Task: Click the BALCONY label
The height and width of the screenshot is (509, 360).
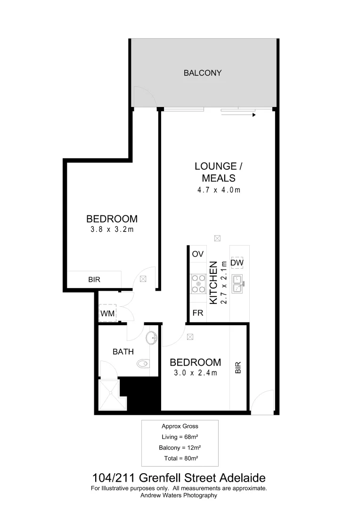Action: point(203,73)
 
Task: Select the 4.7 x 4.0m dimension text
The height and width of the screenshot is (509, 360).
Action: point(219,190)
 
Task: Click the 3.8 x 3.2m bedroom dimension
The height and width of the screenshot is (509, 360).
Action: point(112,230)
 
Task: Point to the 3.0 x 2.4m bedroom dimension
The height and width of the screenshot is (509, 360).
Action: point(195,373)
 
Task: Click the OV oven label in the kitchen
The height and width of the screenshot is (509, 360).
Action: point(197,254)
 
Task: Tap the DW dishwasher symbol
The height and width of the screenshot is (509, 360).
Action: point(237,263)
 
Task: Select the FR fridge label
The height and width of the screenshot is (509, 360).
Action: point(197,313)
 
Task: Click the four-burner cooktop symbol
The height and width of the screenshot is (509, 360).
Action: point(197,284)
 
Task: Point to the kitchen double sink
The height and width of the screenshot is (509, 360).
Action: point(237,282)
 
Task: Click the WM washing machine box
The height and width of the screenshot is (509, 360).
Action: point(107,313)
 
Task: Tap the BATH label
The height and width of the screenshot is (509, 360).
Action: point(123,352)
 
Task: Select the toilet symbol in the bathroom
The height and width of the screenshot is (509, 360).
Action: point(143,363)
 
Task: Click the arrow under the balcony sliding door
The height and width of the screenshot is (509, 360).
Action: point(238,115)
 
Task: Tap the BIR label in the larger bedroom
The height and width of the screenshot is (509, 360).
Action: point(94,279)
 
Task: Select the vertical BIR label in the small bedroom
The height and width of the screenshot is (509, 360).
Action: point(238,368)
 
